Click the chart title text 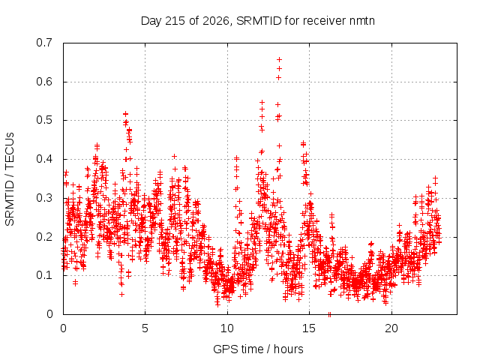coord(258,21)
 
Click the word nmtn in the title coord(361,21)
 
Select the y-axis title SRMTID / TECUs coord(10,179)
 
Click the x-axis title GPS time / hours coord(258,349)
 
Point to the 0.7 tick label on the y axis coord(44,43)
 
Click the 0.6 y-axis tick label coord(44,82)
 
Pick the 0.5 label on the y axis coord(44,120)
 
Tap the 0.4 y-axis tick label coord(44,159)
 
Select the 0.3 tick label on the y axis coord(44,198)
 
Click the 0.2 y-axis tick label coord(44,237)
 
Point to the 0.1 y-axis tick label coord(44,275)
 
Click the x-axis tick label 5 coord(145,328)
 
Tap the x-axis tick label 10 coord(227,328)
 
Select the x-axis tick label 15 coord(309,328)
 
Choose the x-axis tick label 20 coord(391,328)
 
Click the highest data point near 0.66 coord(279,59)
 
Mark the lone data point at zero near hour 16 coord(330,314)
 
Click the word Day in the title coord(151,21)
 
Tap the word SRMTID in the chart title coord(259,21)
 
